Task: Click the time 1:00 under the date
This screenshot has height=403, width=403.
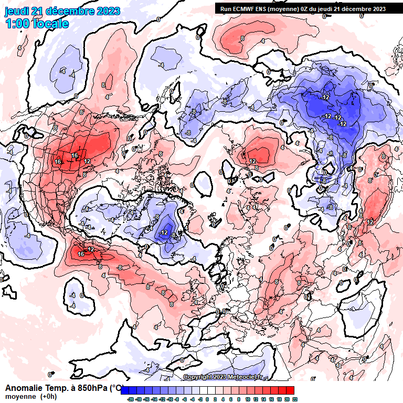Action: pyautogui.click(x=17, y=24)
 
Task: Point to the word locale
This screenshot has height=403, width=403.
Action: pyautogui.click(x=50, y=24)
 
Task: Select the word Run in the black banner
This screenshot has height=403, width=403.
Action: pyautogui.click(x=225, y=8)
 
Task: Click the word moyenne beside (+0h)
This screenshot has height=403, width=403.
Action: pyautogui.click(x=20, y=396)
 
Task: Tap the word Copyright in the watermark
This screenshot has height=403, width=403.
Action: pyautogui.click(x=197, y=377)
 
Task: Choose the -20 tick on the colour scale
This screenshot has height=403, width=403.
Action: pyautogui.click(x=130, y=399)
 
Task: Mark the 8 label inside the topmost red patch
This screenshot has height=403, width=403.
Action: pyautogui.click(x=242, y=38)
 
